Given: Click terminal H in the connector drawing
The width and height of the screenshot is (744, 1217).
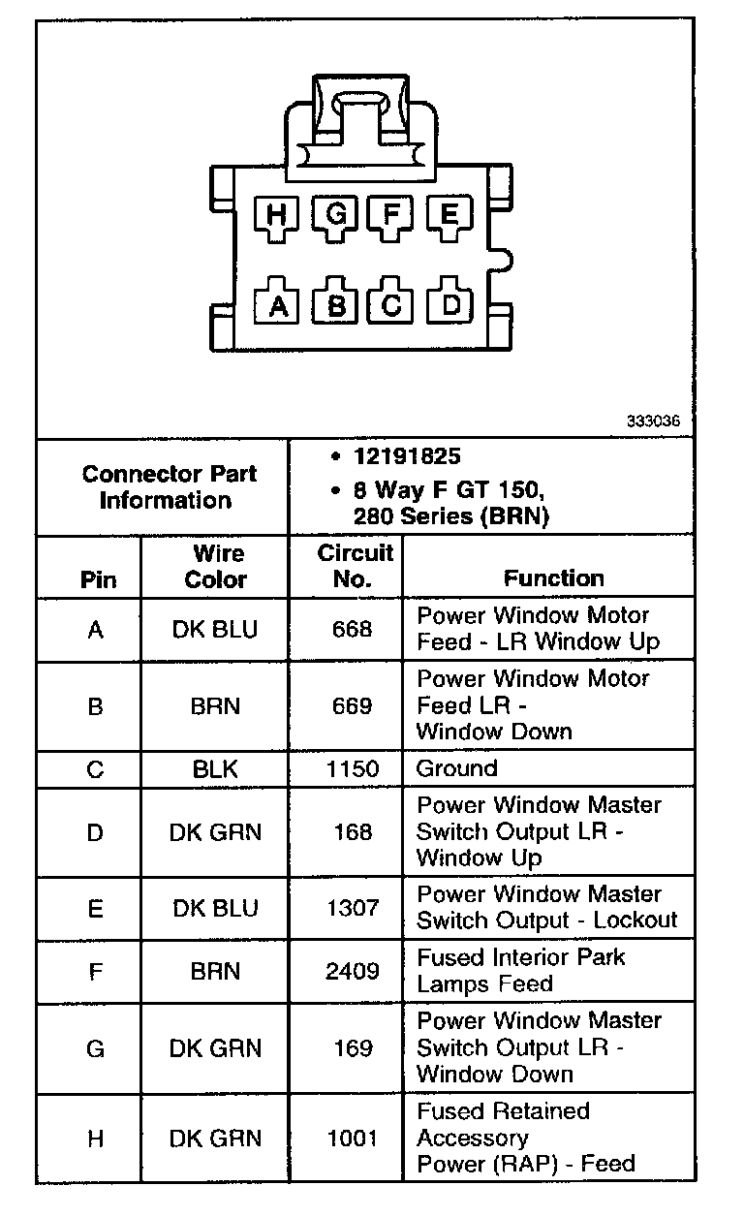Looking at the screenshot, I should coord(277,214).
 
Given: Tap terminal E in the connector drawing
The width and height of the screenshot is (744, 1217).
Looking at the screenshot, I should coord(449,214).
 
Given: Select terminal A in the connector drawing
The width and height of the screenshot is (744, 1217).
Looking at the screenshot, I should coord(278,305).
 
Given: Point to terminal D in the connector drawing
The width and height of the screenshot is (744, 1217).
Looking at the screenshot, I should coord(450,304).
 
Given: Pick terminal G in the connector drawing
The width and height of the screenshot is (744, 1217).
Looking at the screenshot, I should coord(335,214).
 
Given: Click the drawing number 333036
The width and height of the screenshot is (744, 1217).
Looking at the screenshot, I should coord(653,422).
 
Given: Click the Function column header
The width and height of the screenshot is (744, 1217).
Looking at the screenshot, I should coord(553,578).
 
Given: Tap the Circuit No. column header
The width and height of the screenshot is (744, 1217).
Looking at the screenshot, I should coord(355,566).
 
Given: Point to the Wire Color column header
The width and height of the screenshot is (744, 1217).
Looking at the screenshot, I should coord(215,566).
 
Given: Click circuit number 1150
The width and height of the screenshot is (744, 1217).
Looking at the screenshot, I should coord(352,769).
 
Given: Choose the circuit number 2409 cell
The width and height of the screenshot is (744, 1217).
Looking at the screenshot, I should coord(352,971).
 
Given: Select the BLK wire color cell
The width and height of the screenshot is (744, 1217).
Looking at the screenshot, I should coord(215,769).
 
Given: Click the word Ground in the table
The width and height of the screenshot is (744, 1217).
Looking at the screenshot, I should coord(456,769).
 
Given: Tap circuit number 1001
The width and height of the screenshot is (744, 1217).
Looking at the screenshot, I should coord(352,1139).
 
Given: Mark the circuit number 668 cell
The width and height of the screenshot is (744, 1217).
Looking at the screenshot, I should coord(352,629).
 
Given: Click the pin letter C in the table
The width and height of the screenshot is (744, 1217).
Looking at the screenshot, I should coord(95,769).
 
